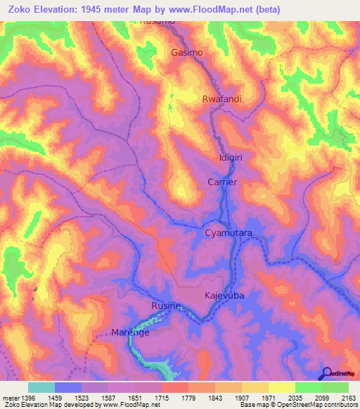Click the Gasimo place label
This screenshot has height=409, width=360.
coord(187,53)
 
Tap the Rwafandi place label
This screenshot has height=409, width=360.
coord(221,99)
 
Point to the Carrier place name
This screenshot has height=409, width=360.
coord(222,182)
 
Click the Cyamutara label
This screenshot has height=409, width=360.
coord(229,232)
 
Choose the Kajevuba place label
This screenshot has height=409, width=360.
coord(224,296)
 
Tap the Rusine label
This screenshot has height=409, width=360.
coord(167,306)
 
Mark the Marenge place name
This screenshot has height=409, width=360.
coord(131,332)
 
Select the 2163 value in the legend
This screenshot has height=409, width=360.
coord(349,398)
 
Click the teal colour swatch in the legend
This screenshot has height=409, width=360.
coord(41,387)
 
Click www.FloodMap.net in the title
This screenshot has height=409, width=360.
coord(219,9)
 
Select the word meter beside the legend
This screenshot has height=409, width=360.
coord(8,398)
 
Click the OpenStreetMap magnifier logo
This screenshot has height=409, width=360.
coord(327,373)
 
